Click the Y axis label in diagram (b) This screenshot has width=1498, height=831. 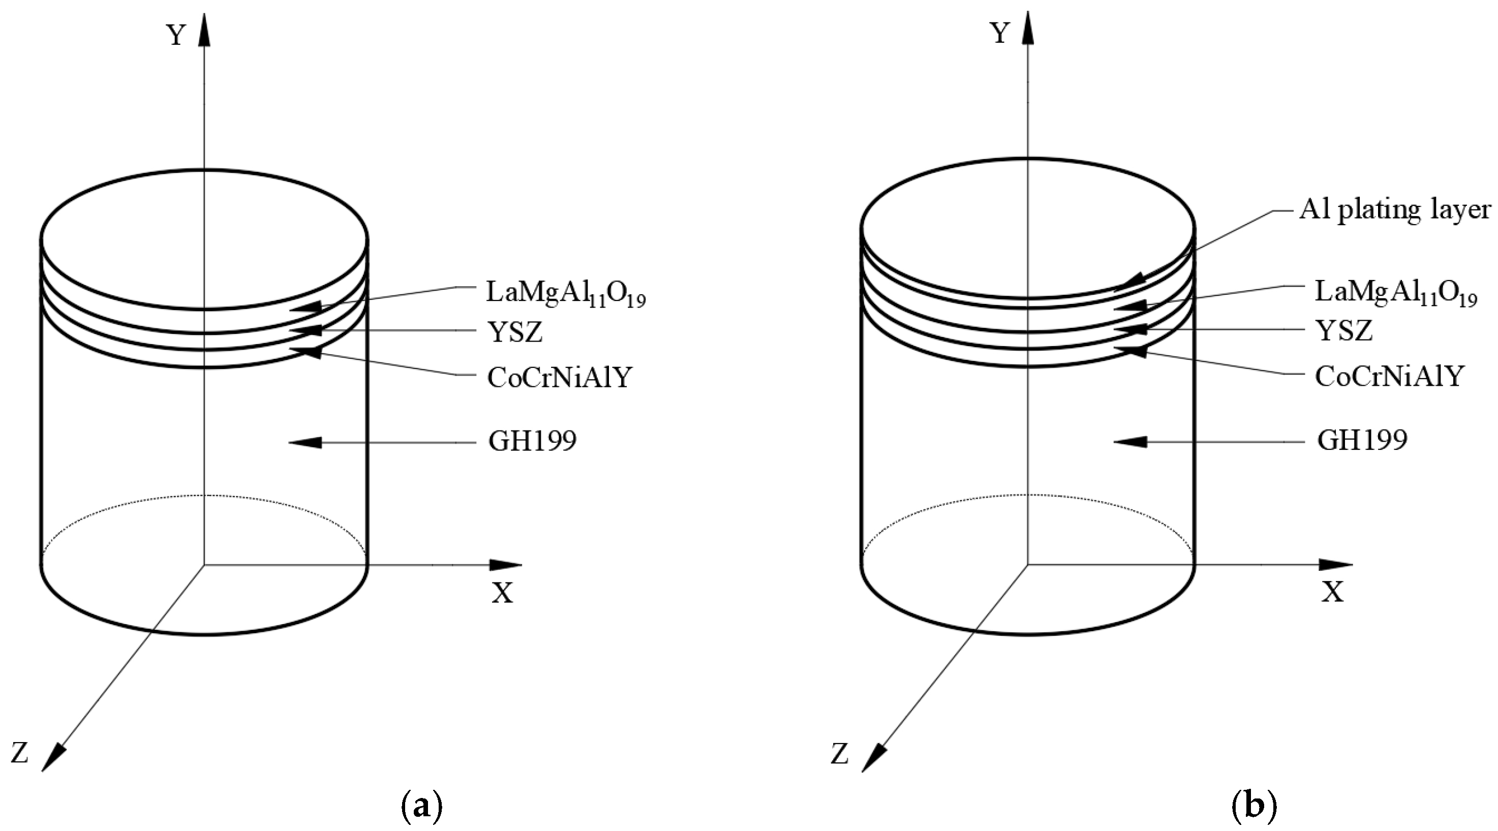1000,35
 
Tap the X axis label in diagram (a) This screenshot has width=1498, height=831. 503,593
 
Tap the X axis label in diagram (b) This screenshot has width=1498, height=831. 1333,592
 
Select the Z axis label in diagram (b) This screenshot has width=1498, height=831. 839,755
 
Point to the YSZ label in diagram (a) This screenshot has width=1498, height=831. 515,332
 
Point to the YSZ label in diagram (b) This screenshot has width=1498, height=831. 1344,331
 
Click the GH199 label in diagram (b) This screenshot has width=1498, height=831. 1362,440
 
